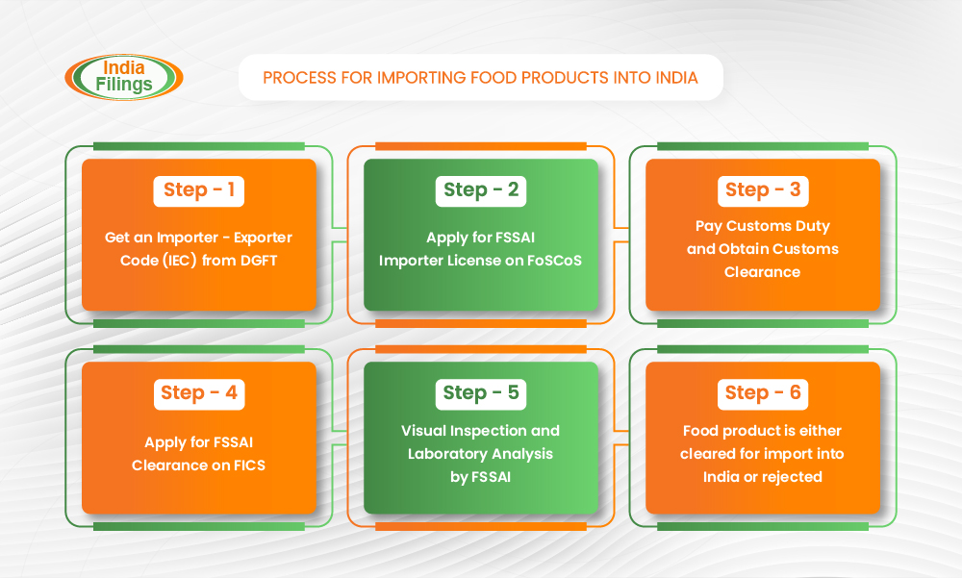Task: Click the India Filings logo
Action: pyautogui.click(x=124, y=77)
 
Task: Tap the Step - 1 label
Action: pyautogui.click(x=199, y=189)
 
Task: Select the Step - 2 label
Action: pyautogui.click(x=481, y=189)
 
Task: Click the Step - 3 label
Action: pyautogui.click(x=763, y=189)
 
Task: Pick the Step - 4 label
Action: pyautogui.click(x=199, y=392)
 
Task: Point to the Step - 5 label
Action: pyautogui.click(x=481, y=392)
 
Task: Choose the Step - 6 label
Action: pyautogui.click(x=763, y=392)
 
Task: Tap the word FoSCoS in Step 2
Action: pyautogui.click(x=552, y=260)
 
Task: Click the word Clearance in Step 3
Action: pyautogui.click(x=763, y=272)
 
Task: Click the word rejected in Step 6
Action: pyautogui.click(x=791, y=477)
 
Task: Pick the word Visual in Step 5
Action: pyautogui.click(x=424, y=430)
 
